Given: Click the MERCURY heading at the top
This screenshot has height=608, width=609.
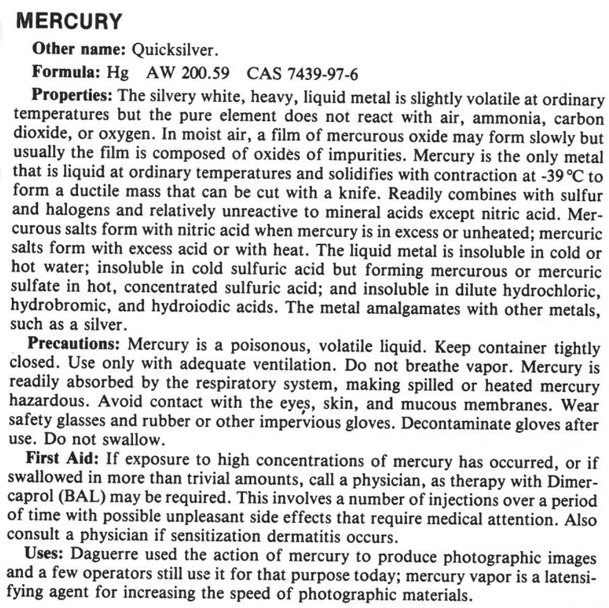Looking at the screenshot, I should pyautogui.click(x=69, y=23).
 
